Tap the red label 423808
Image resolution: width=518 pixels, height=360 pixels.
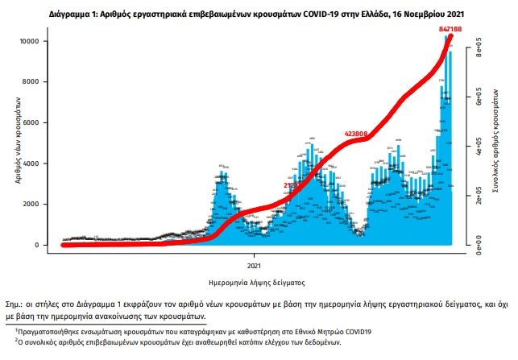(356, 133)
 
